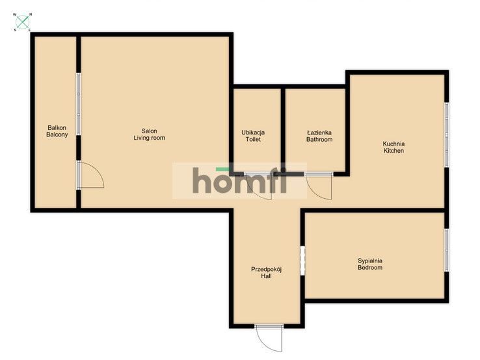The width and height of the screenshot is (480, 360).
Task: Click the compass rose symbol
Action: [x=23, y=22]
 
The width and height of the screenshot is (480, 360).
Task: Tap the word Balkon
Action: [x=57, y=128]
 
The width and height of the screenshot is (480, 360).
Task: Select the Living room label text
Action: [x=150, y=138]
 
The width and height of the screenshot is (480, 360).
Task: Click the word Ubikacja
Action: [x=253, y=133]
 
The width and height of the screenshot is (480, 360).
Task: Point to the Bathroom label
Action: [x=319, y=140]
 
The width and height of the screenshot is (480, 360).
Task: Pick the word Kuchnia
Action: [x=393, y=144]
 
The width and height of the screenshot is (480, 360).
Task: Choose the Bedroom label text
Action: [x=370, y=268]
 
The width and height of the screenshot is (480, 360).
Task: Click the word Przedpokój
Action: [x=266, y=270]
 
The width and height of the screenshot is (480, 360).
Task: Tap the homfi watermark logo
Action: [x=240, y=181]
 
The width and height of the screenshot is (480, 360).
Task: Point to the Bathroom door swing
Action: [x=319, y=187]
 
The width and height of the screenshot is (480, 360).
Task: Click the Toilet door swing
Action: [x=259, y=187]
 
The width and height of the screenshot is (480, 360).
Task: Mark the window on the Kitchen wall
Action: [x=447, y=135]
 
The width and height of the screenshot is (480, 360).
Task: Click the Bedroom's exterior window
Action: [x=447, y=250]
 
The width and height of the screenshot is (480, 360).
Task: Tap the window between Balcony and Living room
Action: [x=79, y=104]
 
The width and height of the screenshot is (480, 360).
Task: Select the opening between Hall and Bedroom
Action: [x=302, y=261]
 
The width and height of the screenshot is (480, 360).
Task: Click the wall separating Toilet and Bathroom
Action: [x=283, y=130]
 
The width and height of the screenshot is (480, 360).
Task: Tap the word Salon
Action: [x=150, y=131]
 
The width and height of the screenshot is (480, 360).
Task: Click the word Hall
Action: [x=266, y=276]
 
